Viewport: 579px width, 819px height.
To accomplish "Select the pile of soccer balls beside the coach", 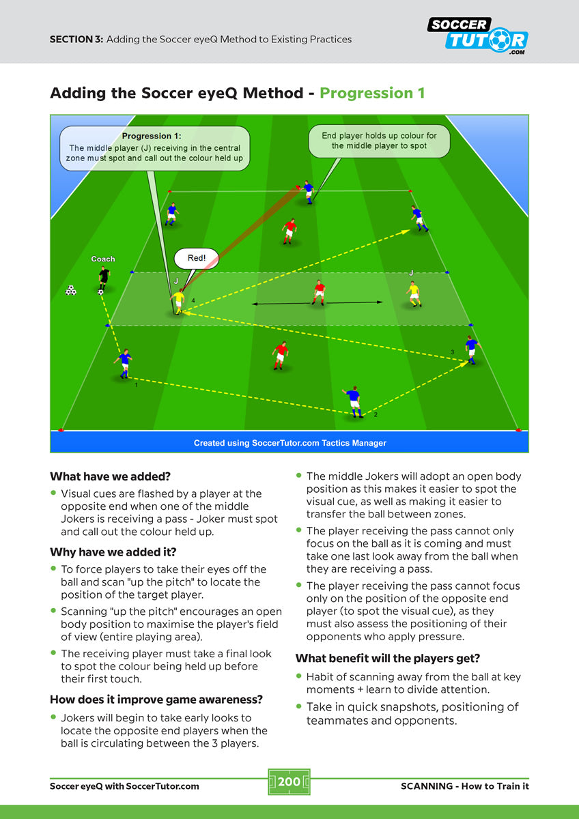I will [x=71, y=290].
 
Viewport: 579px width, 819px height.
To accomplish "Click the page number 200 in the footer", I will [x=289, y=781].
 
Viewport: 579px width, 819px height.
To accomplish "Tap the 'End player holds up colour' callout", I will [x=379, y=141].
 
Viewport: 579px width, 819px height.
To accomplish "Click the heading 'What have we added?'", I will [x=110, y=476].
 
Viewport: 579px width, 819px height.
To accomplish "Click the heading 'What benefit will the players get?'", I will [x=387, y=659].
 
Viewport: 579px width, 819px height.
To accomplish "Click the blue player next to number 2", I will [x=353, y=401].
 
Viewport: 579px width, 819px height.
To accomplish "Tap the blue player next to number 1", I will [x=124, y=363].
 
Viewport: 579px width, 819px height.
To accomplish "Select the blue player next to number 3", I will [x=470, y=349].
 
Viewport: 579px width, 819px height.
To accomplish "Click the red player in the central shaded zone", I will [x=319, y=292].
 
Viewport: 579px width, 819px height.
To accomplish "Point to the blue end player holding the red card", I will [x=309, y=191].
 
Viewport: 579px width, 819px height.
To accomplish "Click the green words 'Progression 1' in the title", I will [x=372, y=93].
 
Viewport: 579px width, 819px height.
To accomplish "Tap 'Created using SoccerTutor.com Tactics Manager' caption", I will [x=289, y=443].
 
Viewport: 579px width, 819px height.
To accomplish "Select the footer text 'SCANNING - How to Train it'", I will [x=464, y=786].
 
